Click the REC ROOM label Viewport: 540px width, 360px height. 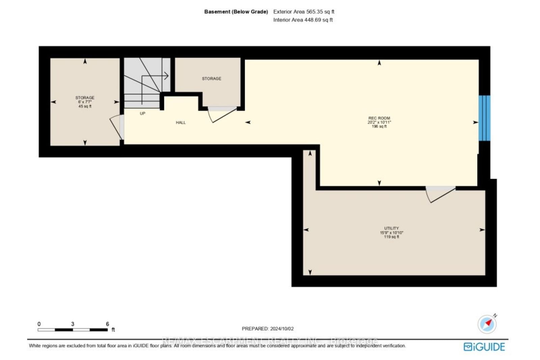point(379,118)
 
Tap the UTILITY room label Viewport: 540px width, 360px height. point(391,228)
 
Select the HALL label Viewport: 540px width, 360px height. point(181,122)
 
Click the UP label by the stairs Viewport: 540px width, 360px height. point(142,113)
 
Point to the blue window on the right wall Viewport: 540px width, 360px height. point(484,118)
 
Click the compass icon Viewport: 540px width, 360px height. point(487,324)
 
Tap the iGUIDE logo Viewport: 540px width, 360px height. point(484,347)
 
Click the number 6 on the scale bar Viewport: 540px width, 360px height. point(107,324)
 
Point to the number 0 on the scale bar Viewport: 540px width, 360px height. point(39,324)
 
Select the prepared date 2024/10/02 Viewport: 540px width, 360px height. point(282,328)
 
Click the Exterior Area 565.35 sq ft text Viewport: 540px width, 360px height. point(304,11)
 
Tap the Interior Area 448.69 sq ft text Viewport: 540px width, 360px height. point(303,20)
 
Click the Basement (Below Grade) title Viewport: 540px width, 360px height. point(236,11)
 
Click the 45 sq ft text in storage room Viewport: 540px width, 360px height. point(85,106)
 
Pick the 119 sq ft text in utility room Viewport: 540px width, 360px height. point(391,237)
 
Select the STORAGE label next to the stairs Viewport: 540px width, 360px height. point(212,78)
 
